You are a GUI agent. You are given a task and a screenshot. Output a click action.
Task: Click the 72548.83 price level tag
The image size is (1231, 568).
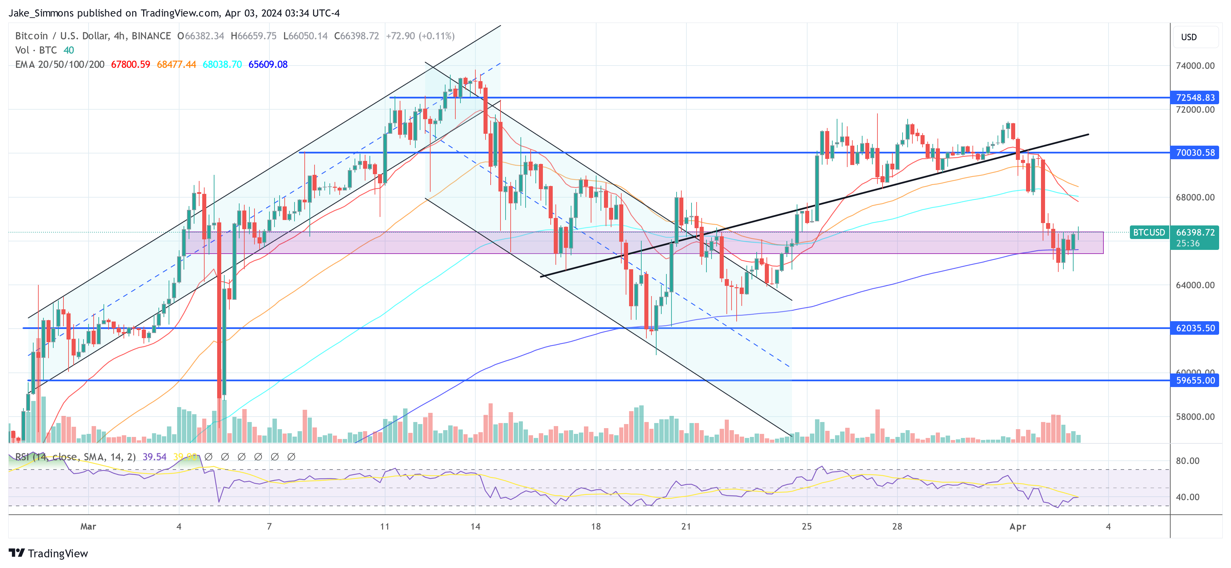click(x=1195, y=97)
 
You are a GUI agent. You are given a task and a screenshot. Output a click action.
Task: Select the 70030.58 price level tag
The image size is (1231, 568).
click(x=1195, y=152)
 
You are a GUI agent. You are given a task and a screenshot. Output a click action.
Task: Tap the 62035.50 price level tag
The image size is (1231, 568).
click(x=1195, y=328)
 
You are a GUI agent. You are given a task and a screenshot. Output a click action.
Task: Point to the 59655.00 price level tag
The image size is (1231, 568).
click(x=1195, y=381)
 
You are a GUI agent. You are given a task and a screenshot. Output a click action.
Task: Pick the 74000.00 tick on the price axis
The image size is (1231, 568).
click(x=1195, y=66)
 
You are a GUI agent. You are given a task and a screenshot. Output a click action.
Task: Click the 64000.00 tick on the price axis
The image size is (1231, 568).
click(x=1195, y=285)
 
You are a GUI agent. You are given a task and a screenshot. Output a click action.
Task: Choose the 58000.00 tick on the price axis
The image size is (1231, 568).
click(x=1195, y=417)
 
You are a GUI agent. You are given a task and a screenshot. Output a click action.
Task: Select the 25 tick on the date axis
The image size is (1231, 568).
click(x=807, y=526)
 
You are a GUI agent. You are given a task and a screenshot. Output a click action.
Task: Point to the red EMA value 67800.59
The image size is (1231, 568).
click(x=130, y=65)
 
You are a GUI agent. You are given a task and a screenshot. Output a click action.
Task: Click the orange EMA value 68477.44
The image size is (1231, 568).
click(x=176, y=65)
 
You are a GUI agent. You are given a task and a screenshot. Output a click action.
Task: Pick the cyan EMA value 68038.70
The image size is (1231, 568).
click(x=222, y=65)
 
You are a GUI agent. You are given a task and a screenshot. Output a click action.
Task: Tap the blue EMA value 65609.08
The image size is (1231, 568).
click(x=268, y=65)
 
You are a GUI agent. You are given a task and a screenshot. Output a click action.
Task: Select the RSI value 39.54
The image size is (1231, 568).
click(x=154, y=457)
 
